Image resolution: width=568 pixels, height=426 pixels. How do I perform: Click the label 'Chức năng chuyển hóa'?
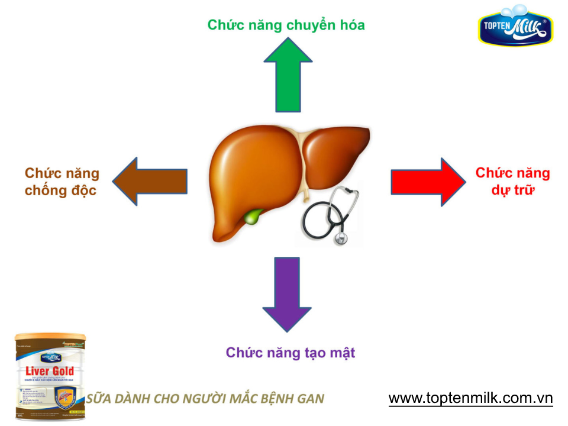click(x=286, y=25)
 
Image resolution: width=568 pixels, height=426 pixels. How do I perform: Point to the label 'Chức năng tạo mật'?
click(x=291, y=353)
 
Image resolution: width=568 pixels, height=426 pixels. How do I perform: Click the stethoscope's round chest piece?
click(x=341, y=238)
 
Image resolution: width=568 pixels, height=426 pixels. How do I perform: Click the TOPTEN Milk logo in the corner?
click(x=515, y=26)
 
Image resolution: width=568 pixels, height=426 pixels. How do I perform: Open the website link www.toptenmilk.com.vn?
click(x=470, y=398)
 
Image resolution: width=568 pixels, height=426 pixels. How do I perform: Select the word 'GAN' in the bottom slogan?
click(x=311, y=398)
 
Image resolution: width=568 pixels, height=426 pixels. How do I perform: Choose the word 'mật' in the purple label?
click(x=340, y=353)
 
